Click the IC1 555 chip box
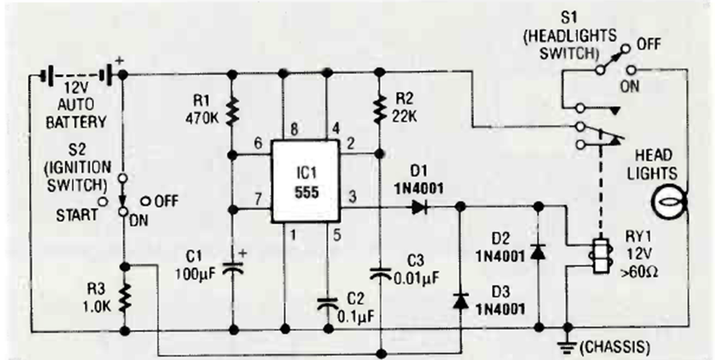coord(306,181)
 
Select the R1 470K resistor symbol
coord(232,111)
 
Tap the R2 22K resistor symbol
coord(379,110)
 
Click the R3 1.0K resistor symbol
coord(124,297)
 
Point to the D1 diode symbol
coord(420,207)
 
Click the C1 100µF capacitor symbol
coord(232,268)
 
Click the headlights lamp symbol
coord(668,202)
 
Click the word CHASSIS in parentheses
coord(616,348)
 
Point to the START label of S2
coord(77,215)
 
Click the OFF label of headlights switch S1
coord(650,44)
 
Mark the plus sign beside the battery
coord(120,61)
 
